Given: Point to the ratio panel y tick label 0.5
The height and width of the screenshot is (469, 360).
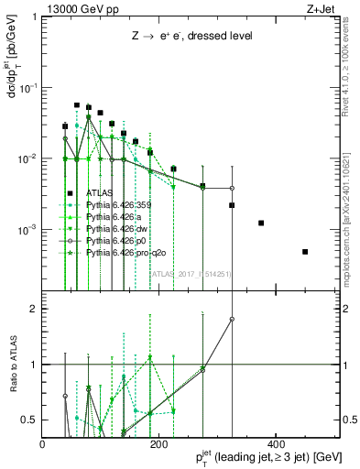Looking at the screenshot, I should [28, 420].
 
